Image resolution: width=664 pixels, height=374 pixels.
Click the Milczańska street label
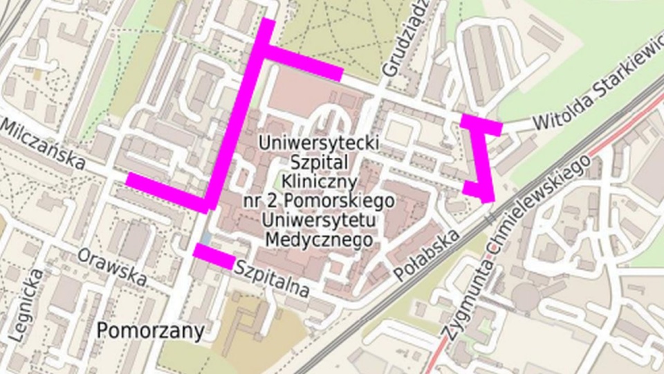coord(43,145)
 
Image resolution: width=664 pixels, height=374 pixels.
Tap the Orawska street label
coord(113,267)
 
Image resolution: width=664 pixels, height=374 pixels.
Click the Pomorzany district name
coord(151,331)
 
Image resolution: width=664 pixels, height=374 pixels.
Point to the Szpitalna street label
coord(272,278)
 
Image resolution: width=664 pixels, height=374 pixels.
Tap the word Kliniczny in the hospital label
coord(319,182)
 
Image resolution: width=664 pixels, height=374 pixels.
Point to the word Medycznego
coord(319,240)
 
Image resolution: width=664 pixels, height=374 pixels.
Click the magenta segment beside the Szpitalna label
coord(214,256)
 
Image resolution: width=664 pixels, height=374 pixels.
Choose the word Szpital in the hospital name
coord(319,163)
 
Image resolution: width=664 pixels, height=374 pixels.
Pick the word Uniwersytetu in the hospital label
coord(319,220)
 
